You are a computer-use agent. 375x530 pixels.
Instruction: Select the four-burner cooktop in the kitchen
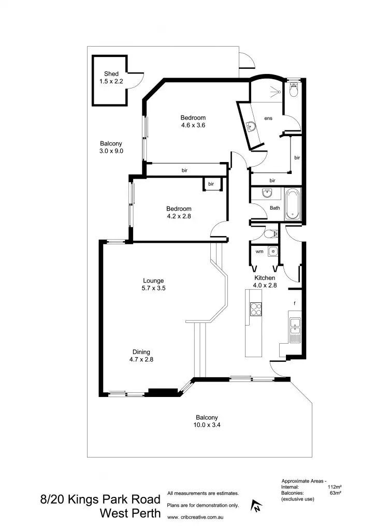pos(256,309)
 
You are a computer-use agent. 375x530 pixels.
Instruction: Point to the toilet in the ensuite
pos(294,90)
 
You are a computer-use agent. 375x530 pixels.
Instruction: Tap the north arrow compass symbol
pos(255,506)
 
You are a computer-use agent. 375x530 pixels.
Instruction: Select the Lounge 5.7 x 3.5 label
pos(154,285)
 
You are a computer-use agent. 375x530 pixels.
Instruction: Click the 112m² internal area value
pos(335,487)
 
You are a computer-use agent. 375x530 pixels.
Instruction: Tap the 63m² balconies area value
pos(337,493)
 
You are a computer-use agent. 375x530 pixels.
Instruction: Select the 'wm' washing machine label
pos(259,252)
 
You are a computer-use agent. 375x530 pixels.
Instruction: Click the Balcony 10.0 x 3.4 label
pos(207,421)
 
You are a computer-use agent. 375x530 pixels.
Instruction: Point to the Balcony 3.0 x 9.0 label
pos(111,147)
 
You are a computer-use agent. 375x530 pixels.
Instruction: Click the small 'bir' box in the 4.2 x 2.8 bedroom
pos(211,184)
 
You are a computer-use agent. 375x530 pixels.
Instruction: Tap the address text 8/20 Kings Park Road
pos(100,500)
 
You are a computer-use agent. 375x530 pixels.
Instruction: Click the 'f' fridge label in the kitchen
pos(295,303)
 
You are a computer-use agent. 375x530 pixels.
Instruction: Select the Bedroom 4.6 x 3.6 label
pos(193,121)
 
